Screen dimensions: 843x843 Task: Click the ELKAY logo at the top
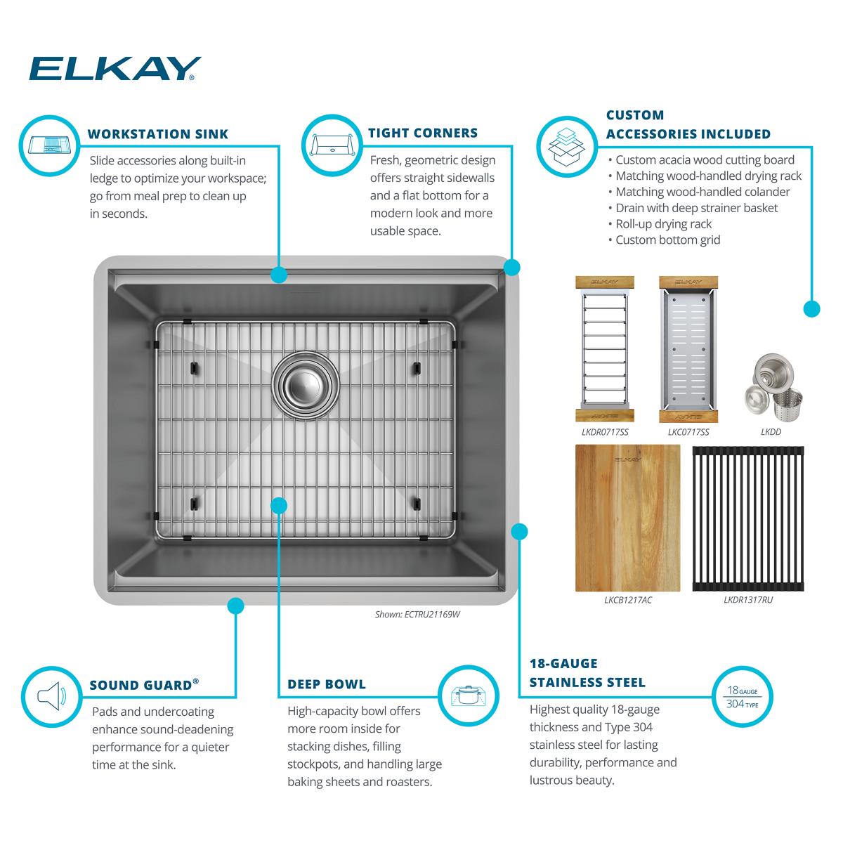click(115, 69)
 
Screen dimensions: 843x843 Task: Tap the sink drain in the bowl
click(306, 386)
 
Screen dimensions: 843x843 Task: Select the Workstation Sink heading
click(158, 134)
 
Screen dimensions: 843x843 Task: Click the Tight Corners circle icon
click(332, 145)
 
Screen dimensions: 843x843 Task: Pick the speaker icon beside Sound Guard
click(51, 696)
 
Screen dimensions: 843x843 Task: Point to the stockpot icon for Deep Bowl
click(468, 695)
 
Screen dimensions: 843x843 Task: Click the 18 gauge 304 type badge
click(742, 697)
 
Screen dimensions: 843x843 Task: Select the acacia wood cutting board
click(627, 518)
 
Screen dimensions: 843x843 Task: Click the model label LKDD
click(771, 432)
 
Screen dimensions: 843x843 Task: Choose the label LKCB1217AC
click(628, 600)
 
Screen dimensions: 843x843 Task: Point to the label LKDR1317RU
click(748, 600)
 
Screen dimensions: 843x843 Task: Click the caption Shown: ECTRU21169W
click(417, 614)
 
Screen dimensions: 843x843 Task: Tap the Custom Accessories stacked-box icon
click(567, 147)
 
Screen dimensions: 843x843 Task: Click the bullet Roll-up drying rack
click(660, 224)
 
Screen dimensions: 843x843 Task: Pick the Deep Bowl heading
click(327, 684)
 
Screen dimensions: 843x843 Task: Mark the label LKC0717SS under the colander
click(688, 432)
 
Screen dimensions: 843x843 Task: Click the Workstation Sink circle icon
click(50, 145)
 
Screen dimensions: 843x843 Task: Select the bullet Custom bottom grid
click(664, 240)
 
